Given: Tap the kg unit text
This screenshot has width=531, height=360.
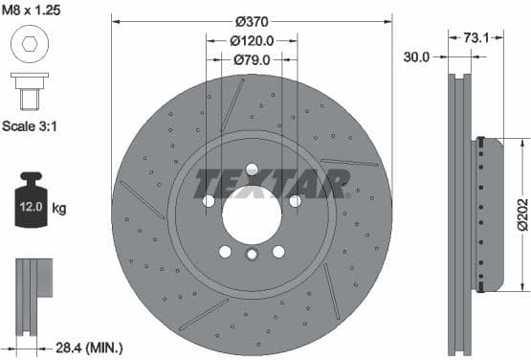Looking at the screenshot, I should (x=58, y=208).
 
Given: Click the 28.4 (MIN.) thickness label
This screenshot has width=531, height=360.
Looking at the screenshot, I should (x=91, y=349).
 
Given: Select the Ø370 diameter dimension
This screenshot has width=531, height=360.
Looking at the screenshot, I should (x=252, y=21).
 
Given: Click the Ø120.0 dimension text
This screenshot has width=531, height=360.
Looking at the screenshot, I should (x=252, y=40).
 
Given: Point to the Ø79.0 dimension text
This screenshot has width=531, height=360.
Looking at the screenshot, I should (x=252, y=59).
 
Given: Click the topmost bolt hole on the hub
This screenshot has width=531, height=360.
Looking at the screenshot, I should (x=252, y=169).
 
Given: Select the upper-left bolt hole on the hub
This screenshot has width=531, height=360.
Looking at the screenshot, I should (x=209, y=200).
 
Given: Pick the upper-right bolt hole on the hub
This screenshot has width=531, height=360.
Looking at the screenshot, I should (x=295, y=200).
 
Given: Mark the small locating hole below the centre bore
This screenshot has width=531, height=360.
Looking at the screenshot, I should (x=252, y=255).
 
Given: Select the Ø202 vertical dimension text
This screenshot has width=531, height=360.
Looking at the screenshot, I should (x=521, y=216).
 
